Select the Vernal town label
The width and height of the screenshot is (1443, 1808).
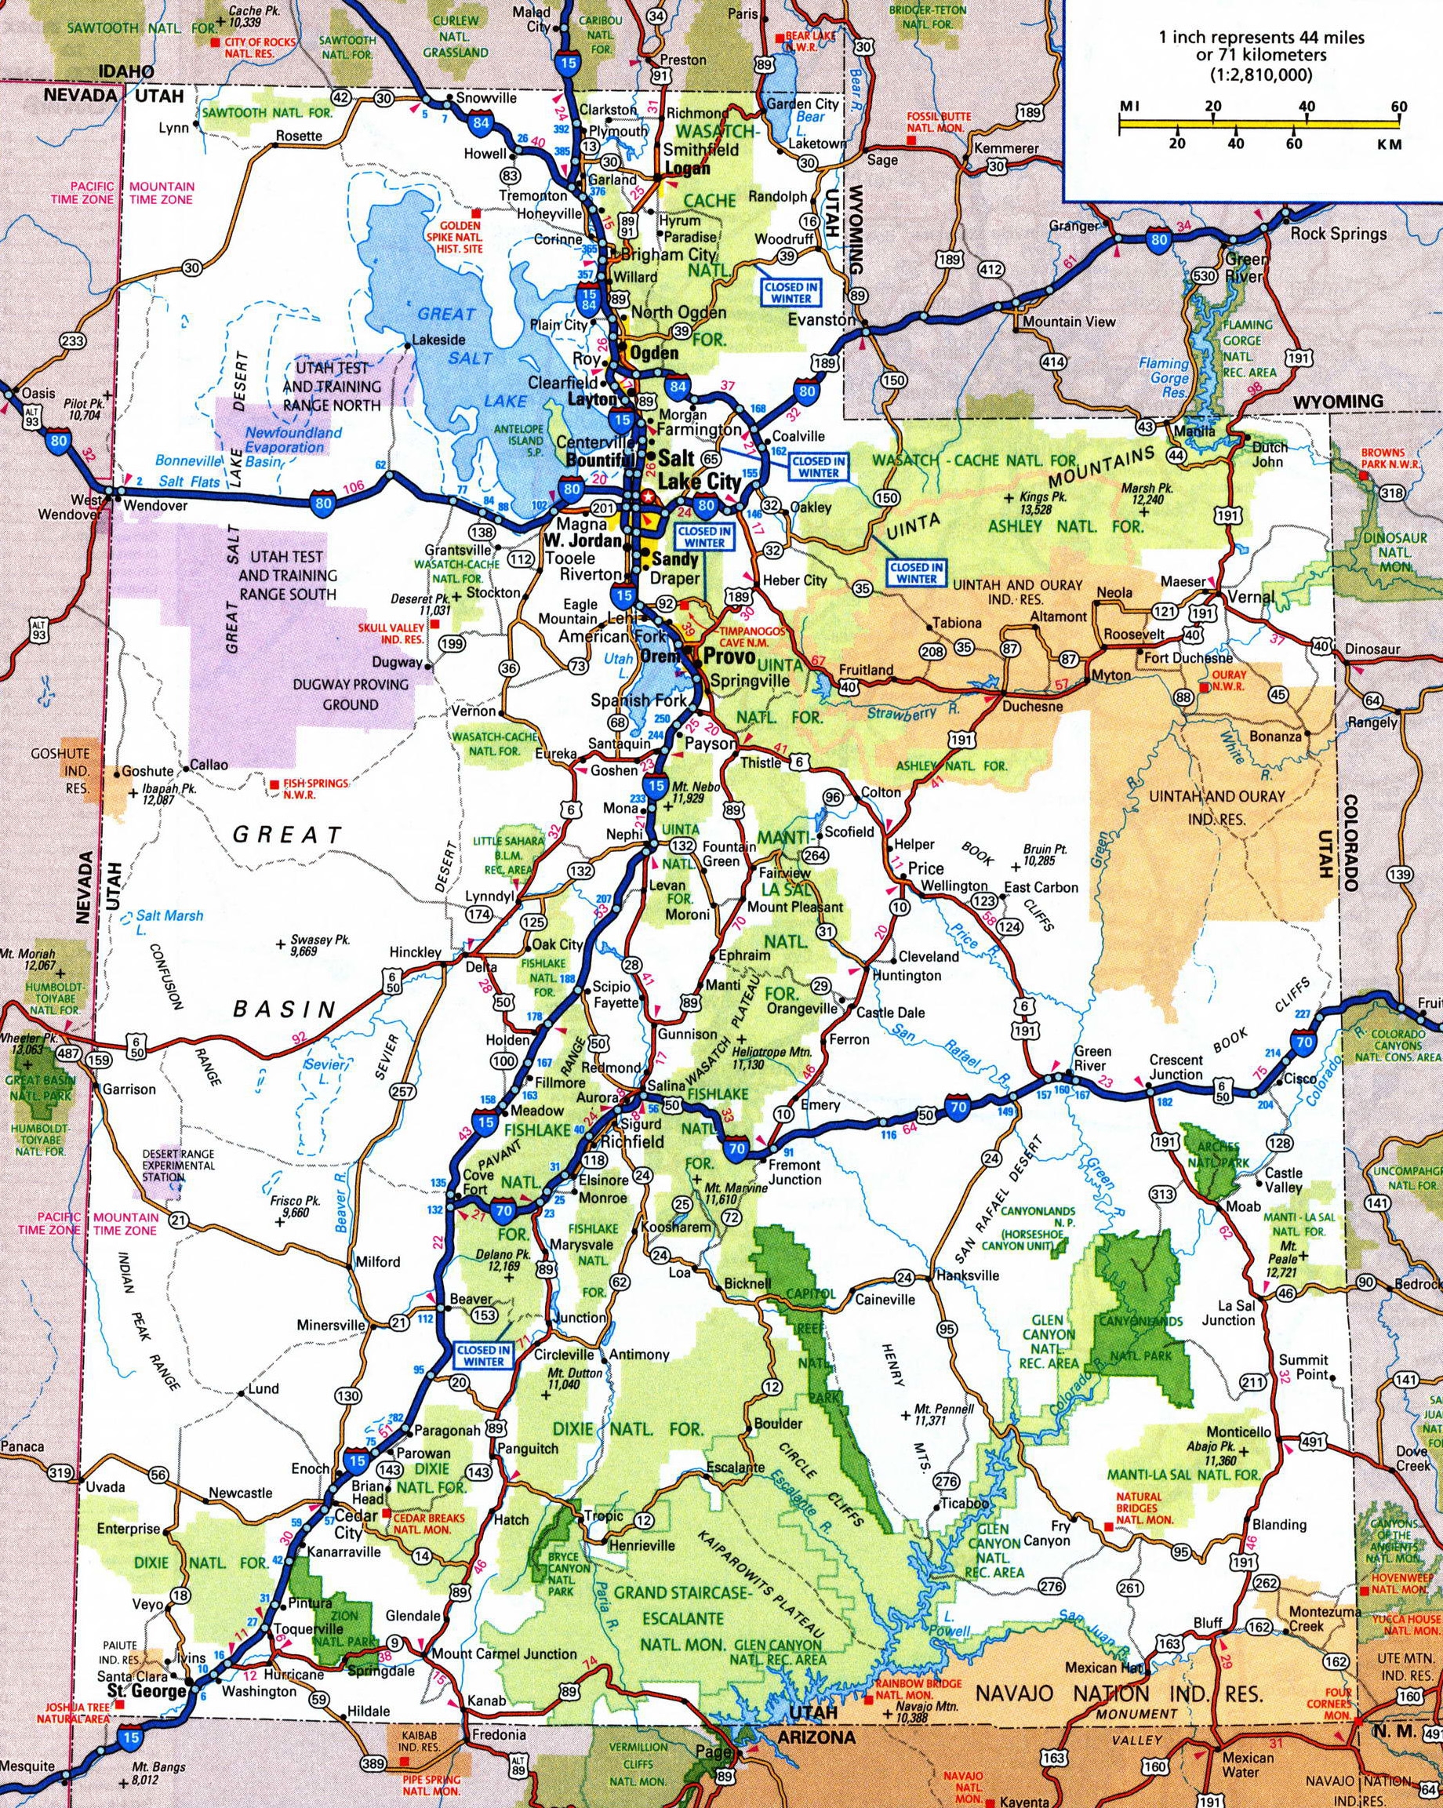coord(1250,597)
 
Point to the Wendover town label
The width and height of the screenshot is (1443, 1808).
coord(147,507)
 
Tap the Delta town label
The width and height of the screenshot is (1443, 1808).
coord(481,967)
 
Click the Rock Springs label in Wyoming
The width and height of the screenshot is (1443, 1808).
coord(1337,233)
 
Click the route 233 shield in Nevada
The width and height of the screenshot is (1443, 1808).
coord(73,341)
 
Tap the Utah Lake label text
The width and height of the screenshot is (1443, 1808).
coord(618,667)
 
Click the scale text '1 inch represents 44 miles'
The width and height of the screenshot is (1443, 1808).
coord(1249,38)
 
